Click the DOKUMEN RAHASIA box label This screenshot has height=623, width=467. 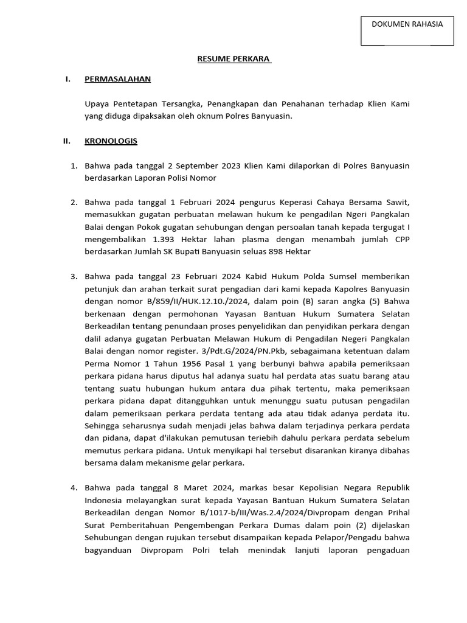[407, 24]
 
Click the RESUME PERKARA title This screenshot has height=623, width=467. [233, 59]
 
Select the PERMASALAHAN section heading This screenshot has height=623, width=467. [117, 79]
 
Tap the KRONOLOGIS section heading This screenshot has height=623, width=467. [111, 141]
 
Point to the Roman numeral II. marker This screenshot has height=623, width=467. [67, 141]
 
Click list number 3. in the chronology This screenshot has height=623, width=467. [74, 276]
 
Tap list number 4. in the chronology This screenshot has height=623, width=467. [74, 487]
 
